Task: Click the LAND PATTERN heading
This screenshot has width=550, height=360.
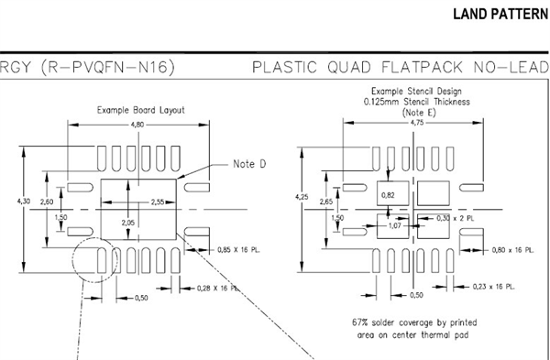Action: [x=500, y=15]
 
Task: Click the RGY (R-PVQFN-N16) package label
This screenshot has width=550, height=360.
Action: [x=87, y=67]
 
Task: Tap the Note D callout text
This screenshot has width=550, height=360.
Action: [x=249, y=164]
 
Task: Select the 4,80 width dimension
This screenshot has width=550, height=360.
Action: [x=137, y=125]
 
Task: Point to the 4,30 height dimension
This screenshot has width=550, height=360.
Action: [x=24, y=202]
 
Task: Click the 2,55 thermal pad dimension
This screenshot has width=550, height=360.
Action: [x=158, y=202]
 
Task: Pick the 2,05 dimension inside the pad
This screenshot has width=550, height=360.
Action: [x=128, y=223]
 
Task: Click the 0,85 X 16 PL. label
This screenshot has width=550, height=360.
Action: [x=238, y=250]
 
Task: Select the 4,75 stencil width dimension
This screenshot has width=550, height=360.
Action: [x=417, y=123]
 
